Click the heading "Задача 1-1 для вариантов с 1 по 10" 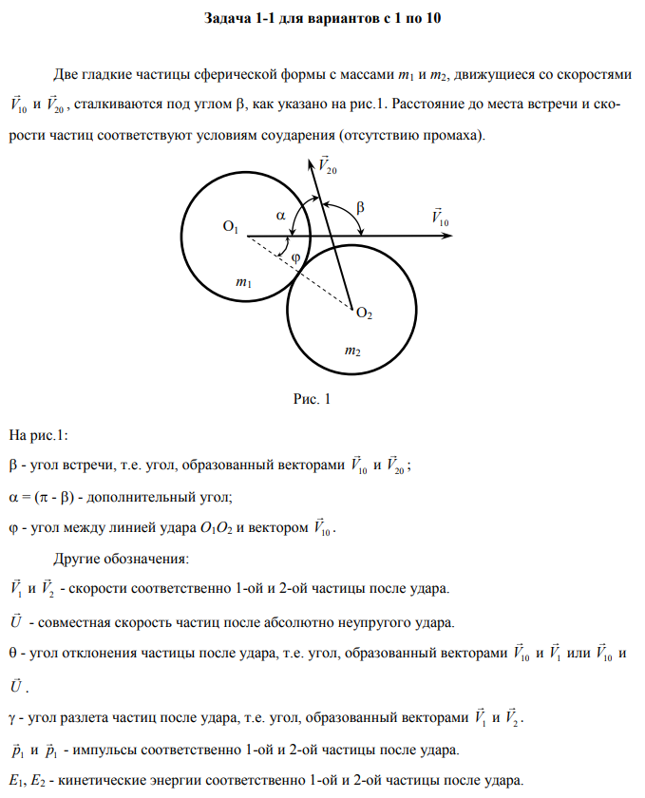(x=323, y=19)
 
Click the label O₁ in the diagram (x=231, y=227)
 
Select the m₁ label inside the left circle (x=243, y=282)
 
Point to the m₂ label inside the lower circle (x=352, y=351)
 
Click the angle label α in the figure (x=281, y=216)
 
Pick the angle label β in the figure (x=360, y=206)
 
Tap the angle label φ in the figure (x=294, y=256)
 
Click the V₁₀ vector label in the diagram (x=440, y=217)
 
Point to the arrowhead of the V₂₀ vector (x=313, y=162)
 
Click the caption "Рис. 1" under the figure (x=310, y=400)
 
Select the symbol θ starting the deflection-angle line (x=11, y=654)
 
